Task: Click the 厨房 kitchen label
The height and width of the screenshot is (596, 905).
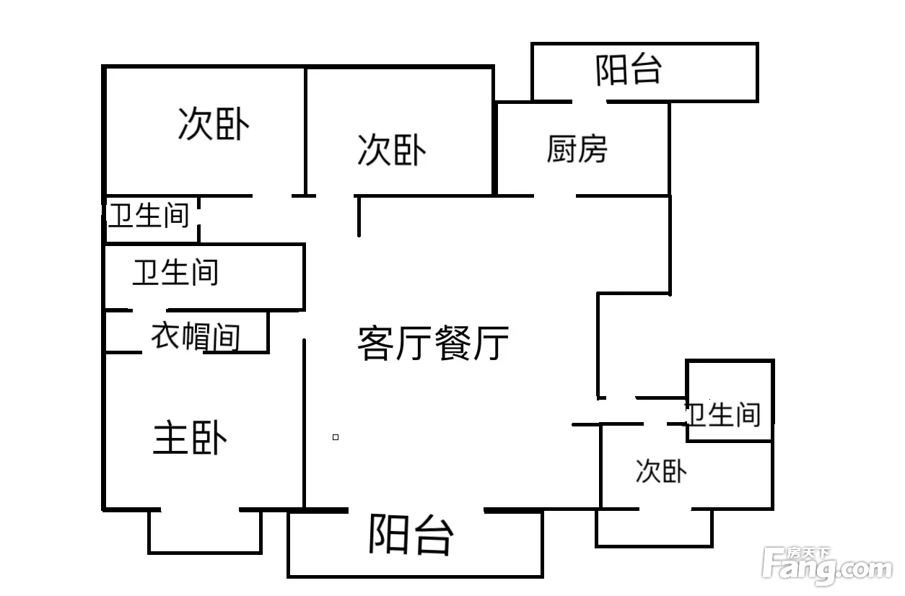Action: point(577,149)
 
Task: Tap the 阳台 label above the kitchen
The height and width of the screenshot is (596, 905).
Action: point(629,70)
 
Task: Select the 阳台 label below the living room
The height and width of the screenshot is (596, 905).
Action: point(411,535)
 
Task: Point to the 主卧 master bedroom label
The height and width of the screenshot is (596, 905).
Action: point(190,437)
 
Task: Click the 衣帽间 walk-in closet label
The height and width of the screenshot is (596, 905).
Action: point(196,336)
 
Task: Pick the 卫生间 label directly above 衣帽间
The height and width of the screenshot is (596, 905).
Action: point(176,272)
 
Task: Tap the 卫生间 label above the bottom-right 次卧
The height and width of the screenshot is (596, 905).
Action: point(722,414)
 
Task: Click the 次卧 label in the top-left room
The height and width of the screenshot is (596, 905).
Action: point(214,123)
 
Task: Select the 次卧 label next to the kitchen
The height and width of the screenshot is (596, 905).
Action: point(392,150)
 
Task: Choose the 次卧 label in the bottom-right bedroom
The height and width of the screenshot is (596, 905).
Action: point(661,470)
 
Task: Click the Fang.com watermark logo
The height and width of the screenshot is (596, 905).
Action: point(827,566)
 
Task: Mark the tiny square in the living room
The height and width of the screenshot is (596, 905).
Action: point(336,437)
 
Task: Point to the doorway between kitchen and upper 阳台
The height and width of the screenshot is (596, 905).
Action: point(590,102)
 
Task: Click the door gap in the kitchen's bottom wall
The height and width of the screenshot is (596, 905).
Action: point(555,196)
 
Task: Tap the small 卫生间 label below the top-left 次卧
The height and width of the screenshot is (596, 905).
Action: point(149,215)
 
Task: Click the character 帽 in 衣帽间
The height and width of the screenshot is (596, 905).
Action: point(196,336)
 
